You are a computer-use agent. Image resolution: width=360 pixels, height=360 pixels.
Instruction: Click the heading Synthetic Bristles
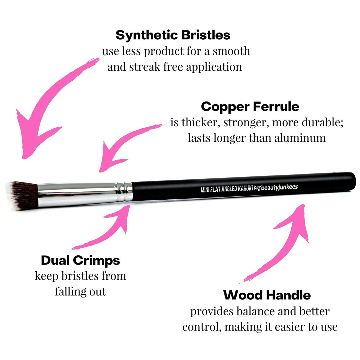[x=173, y=35]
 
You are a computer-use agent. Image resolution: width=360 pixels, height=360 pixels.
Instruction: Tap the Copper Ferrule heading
[x=250, y=107]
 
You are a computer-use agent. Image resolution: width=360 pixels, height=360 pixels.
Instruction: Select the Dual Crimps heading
[x=81, y=261]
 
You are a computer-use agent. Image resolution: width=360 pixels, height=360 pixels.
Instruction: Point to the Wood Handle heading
[x=267, y=295]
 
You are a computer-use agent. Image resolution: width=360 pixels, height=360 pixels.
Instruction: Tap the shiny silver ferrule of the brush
[x=82, y=191]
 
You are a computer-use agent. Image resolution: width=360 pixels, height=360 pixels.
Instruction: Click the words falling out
[x=81, y=291]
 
